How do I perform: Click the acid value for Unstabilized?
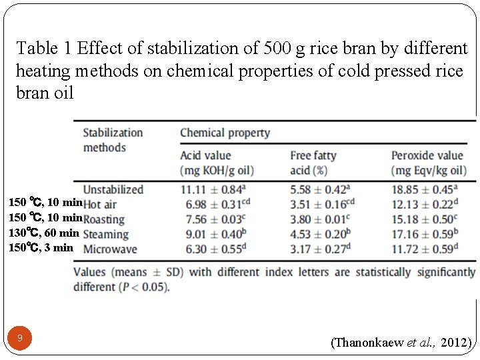211,189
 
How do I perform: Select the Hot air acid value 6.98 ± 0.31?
211,204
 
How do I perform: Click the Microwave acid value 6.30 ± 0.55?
211,249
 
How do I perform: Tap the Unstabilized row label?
113,189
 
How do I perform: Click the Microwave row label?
110,249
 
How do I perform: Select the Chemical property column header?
225,133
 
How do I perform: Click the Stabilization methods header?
113,139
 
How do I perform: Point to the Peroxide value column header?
427,162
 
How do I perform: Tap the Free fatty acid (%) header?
313,162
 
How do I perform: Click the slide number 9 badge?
20,338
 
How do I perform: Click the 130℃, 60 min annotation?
43,233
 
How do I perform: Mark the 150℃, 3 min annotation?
41,247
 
